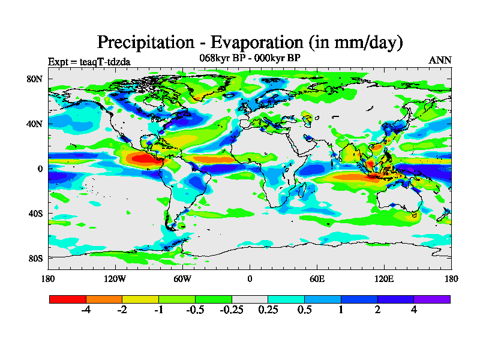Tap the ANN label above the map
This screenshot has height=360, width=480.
point(440,60)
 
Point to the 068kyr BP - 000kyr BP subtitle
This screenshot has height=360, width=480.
point(250,58)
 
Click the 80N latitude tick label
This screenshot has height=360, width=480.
point(34,79)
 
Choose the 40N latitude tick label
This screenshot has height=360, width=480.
point(34,124)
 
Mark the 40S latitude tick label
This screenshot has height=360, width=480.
point(34,213)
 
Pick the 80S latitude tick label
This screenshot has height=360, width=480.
point(34,258)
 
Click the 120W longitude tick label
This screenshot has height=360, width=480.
point(115,278)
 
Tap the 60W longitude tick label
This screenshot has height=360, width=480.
point(182,278)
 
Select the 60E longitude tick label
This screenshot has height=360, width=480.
point(317,278)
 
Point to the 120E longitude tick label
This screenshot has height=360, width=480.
point(384,278)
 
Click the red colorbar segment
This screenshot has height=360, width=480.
point(68,299)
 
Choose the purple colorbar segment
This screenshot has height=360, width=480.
point(432,299)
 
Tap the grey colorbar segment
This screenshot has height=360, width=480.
point(250,299)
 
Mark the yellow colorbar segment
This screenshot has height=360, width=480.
point(140,299)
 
